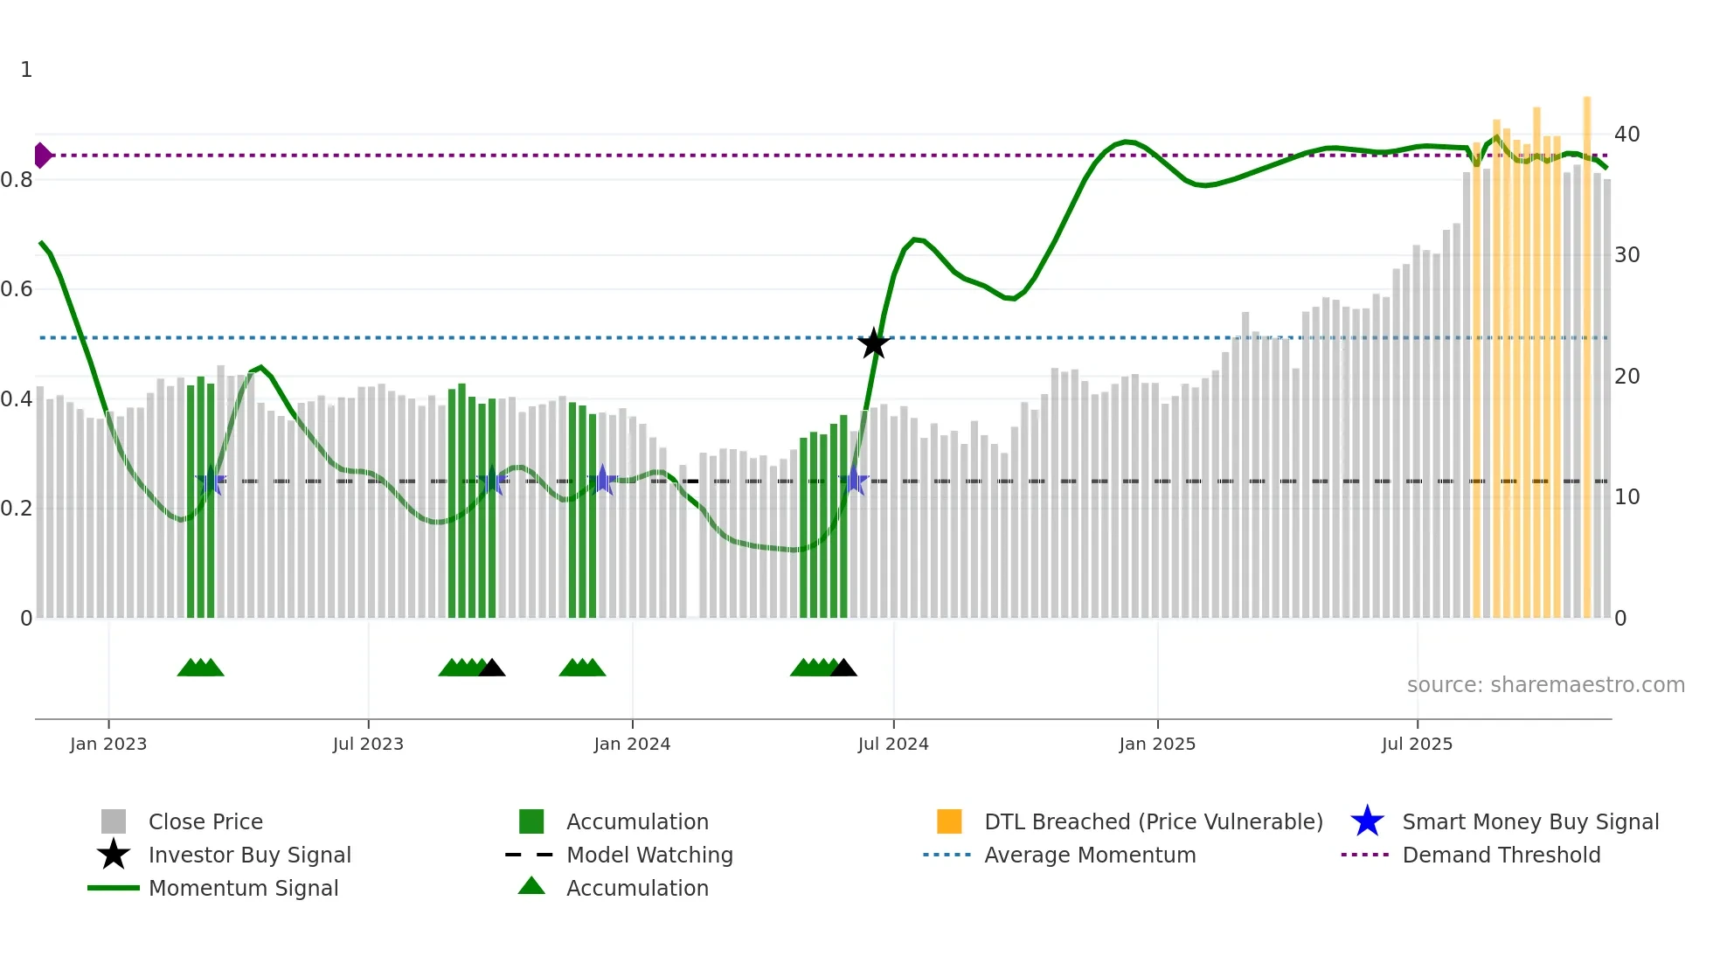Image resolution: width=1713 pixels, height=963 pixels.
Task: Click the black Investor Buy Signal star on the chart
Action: click(873, 343)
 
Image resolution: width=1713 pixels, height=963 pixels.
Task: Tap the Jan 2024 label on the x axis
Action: click(632, 744)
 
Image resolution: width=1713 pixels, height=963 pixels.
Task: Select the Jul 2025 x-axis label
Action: click(1417, 744)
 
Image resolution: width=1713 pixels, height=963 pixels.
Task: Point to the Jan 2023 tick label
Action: click(108, 744)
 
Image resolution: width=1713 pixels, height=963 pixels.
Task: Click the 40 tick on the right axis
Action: click(1626, 135)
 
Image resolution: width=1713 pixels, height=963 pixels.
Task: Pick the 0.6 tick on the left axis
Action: click(17, 289)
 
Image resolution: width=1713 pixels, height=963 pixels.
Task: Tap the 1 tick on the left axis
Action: click(26, 70)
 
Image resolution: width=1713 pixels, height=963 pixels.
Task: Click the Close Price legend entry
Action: click(205, 821)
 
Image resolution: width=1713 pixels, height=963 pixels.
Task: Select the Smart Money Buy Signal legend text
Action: click(1530, 821)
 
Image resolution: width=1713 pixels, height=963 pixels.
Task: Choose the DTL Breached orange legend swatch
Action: click(949, 821)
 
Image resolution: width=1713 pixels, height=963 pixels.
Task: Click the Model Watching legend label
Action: click(649, 855)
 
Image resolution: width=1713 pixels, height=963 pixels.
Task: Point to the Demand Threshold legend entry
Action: click(1501, 855)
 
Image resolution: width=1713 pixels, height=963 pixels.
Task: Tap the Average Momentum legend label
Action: click(1090, 855)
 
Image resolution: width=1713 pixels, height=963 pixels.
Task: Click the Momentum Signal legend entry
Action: click(243, 888)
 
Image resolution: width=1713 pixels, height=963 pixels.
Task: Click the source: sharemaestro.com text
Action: click(1545, 685)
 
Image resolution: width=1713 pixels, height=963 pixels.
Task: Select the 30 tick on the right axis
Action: click(1626, 255)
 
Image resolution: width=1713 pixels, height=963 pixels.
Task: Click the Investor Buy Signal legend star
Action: click(114, 855)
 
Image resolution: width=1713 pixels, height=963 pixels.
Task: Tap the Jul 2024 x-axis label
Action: click(893, 744)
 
